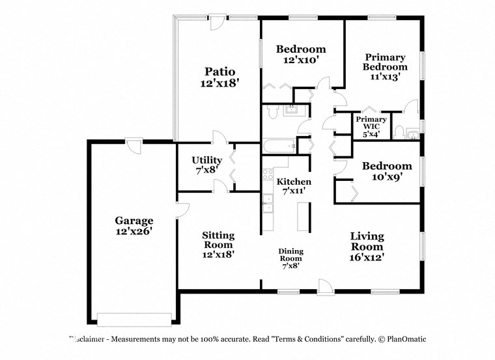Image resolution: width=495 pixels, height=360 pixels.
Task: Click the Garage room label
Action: [x=134, y=221]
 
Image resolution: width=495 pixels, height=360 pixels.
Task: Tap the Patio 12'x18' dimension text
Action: [x=219, y=83]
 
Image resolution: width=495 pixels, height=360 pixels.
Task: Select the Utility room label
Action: [x=206, y=160]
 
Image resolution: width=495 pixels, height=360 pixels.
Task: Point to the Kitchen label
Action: [x=294, y=182]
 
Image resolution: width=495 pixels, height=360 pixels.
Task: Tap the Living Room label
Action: [x=367, y=241]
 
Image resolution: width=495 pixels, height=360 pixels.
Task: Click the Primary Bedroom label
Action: [x=385, y=62]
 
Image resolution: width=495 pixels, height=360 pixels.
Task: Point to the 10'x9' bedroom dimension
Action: [x=387, y=177]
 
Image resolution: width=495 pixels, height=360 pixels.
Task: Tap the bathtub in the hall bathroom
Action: [x=279, y=146]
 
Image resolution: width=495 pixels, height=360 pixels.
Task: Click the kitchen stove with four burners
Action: [x=267, y=174]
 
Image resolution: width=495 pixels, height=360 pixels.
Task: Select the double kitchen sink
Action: [x=268, y=204]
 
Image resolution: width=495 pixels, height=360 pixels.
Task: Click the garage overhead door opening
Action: [x=134, y=319]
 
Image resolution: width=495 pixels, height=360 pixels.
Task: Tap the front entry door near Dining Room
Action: [x=324, y=286]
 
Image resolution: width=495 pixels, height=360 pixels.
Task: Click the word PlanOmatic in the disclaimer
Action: [x=404, y=339]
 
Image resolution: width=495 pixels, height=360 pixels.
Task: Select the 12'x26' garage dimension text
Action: [x=134, y=231]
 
